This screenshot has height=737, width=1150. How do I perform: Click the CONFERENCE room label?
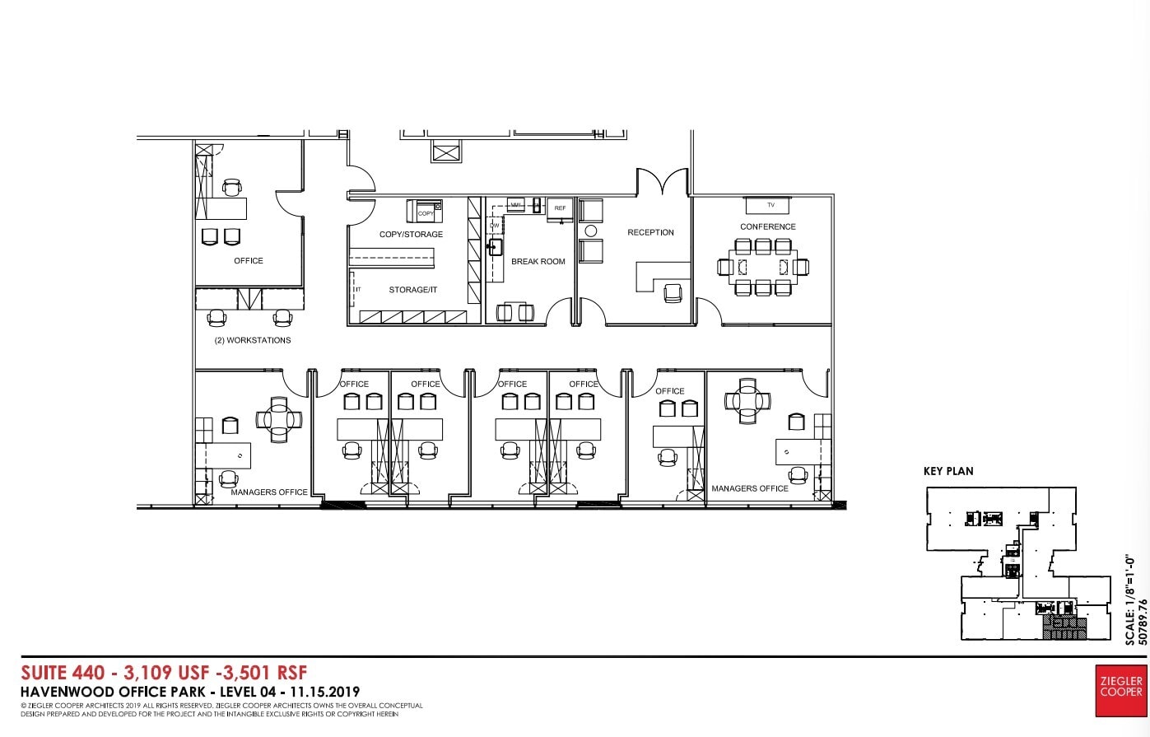click(x=767, y=226)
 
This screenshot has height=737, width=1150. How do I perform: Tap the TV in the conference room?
click(x=771, y=204)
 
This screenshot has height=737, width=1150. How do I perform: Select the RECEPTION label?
click(x=650, y=232)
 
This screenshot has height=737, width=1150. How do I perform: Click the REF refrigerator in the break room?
click(x=560, y=208)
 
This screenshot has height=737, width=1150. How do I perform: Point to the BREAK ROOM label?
click(x=538, y=261)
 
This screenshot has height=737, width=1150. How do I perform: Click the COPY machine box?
click(x=426, y=210)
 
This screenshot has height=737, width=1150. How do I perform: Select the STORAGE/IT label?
click(x=412, y=290)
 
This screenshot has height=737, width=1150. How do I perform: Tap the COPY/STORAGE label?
click(x=411, y=235)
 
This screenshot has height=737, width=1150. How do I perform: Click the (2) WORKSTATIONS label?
click(x=252, y=340)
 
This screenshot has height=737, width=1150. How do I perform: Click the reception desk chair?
click(x=673, y=292)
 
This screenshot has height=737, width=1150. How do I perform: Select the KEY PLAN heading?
click(x=947, y=471)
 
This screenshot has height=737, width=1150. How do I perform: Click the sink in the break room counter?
click(x=496, y=246)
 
